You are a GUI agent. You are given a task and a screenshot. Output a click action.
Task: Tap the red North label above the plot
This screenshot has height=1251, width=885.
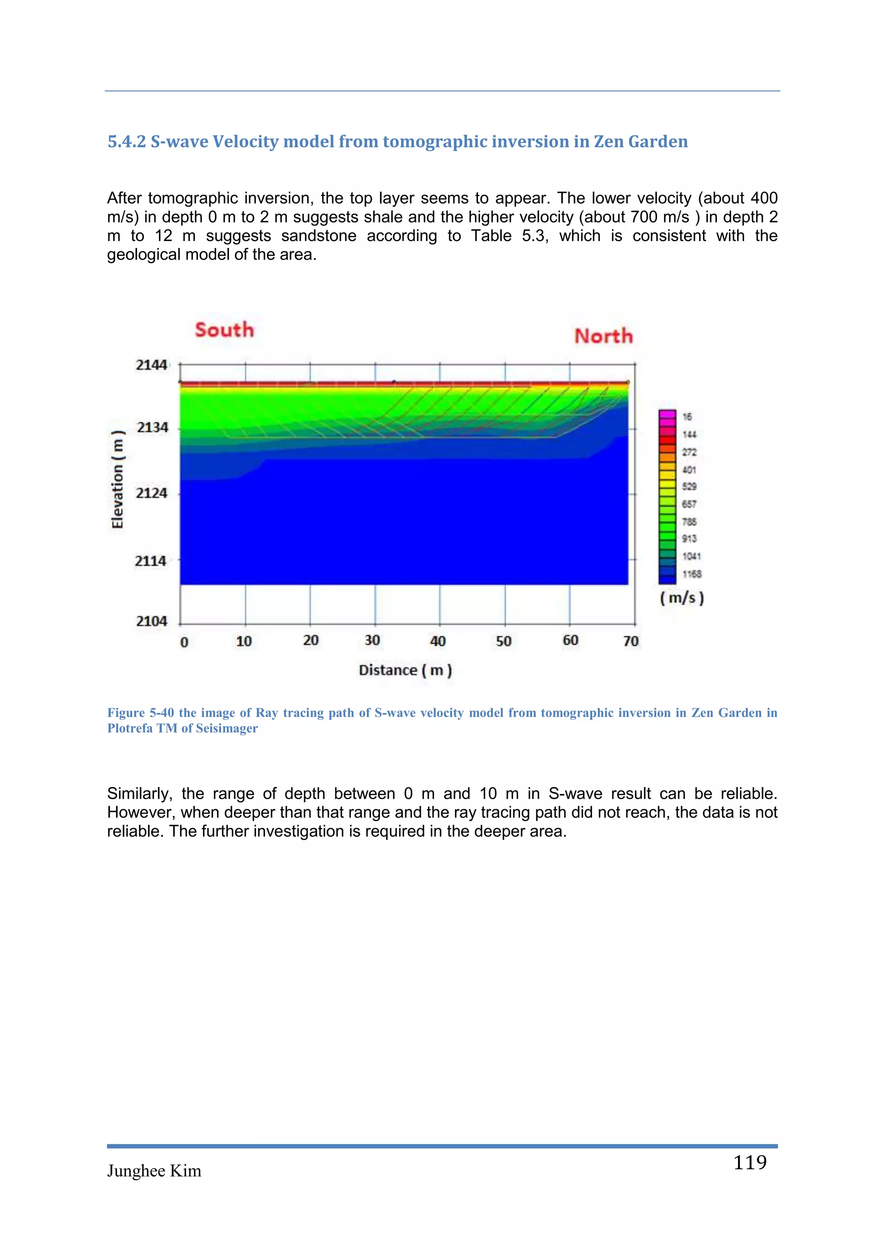(603, 336)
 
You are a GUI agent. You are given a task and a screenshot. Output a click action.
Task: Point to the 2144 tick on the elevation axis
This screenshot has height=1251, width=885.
(152, 365)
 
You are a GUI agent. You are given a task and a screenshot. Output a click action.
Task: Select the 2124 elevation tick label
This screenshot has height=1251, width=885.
(152, 493)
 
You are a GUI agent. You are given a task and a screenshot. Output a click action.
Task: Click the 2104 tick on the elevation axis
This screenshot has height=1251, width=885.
(152, 621)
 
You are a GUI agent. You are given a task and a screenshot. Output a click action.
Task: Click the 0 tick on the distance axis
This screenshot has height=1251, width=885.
(184, 642)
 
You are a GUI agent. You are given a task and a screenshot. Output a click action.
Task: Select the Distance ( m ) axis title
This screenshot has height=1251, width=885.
(405, 670)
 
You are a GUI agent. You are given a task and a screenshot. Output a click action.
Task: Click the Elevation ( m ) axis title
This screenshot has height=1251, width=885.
(118, 479)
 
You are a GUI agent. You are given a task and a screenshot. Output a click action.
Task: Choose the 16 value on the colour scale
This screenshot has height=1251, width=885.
(687, 417)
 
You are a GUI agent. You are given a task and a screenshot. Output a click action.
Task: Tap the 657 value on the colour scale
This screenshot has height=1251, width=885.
(689, 504)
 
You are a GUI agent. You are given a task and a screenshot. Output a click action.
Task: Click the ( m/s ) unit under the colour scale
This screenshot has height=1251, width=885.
(682, 598)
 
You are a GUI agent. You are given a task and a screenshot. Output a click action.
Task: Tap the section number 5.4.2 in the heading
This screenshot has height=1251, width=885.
(127, 142)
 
